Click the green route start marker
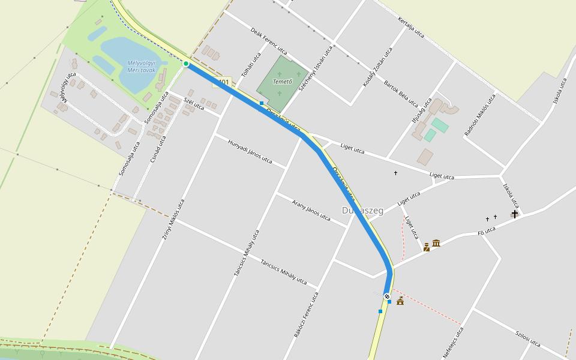186,64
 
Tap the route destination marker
388,296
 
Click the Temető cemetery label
282,82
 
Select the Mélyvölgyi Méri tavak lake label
142,67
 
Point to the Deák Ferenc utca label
268,41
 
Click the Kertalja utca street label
411,28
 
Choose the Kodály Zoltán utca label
377,67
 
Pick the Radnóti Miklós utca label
480,115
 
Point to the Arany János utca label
311,209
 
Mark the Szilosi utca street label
528,340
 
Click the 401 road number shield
223,82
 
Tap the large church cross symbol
514,214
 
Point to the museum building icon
436,243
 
